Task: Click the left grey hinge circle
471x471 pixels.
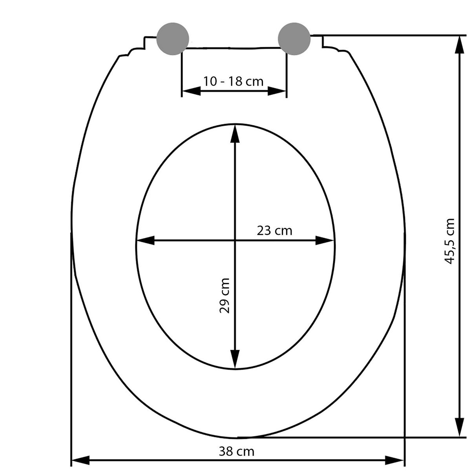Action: pos(173,39)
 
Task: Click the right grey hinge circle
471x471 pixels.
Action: pos(294,39)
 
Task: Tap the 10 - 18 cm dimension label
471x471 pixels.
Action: pos(233,82)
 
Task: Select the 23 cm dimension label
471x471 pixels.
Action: pos(274,230)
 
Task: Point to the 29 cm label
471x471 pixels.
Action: pos(224,295)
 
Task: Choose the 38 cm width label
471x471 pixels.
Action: pos(236,451)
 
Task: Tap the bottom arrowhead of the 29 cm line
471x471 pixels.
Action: pos(235,359)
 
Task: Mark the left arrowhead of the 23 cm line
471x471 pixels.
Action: pos(145,241)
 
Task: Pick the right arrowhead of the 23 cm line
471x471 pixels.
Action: pos(326,241)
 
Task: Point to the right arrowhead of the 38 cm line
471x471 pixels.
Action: pos(394,459)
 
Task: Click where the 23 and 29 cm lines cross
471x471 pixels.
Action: pos(235,241)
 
